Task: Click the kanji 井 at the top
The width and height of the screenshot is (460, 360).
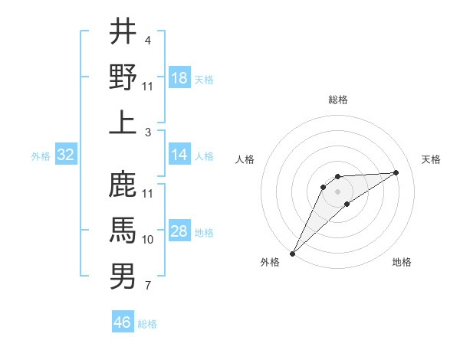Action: [123, 31]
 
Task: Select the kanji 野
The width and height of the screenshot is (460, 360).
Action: [123, 77]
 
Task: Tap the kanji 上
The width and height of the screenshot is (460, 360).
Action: [123, 123]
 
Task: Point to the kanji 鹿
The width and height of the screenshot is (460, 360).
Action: [123, 184]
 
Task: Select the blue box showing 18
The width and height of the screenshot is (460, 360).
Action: [179, 77]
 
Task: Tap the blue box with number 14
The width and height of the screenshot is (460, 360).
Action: [179, 155]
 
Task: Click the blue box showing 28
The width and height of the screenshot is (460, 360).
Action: [179, 231]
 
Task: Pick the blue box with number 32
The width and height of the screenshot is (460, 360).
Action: [66, 155]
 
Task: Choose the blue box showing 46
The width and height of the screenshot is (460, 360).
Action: [123, 322]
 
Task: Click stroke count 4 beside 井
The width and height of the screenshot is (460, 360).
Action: [148, 40]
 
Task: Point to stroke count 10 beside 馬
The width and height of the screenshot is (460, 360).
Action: [148, 240]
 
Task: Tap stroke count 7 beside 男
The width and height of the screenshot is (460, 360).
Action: [148, 286]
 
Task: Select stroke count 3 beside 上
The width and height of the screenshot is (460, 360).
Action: [148, 133]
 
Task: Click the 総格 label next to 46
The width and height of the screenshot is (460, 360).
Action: [148, 324]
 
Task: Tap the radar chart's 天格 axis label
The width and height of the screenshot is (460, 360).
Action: [431, 159]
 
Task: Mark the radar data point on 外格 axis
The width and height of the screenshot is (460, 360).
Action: [292, 253]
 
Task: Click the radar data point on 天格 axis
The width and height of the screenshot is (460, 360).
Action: [396, 172]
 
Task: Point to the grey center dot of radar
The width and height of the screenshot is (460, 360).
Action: [337, 191]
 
